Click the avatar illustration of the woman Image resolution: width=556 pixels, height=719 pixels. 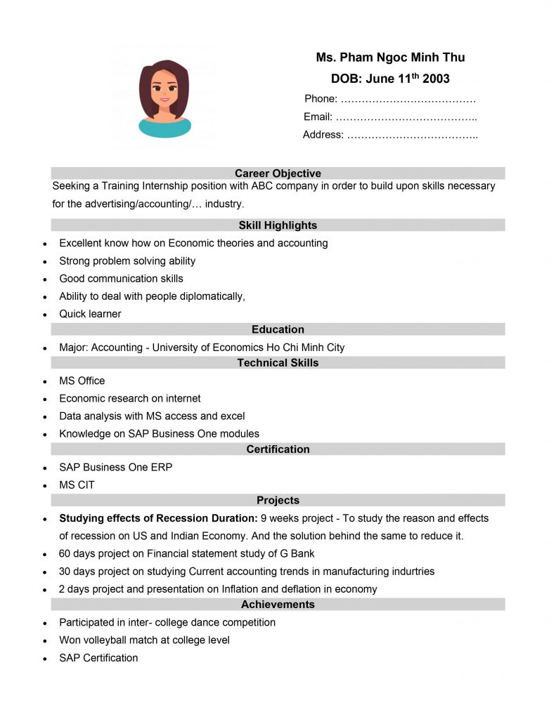pyautogui.click(x=164, y=98)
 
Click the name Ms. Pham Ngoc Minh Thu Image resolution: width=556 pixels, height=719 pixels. pyautogui.click(x=390, y=58)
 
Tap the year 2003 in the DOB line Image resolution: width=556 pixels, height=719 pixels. pyautogui.click(x=436, y=79)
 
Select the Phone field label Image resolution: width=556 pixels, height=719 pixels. pyautogui.click(x=321, y=99)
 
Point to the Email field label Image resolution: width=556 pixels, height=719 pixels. pyautogui.click(x=318, y=117)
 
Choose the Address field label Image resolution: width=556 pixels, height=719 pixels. pyautogui.click(x=323, y=135)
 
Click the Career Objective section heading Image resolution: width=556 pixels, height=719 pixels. pyautogui.click(x=278, y=173)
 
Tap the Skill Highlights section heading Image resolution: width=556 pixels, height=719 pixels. pyautogui.click(x=278, y=225)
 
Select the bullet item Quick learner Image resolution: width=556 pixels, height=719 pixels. pyautogui.click(x=90, y=314)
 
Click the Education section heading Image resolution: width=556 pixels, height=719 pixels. pyautogui.click(x=278, y=329)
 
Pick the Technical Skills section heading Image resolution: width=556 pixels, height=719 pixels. pyautogui.click(x=278, y=363)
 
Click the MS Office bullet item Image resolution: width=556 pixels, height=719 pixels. pyautogui.click(x=82, y=381)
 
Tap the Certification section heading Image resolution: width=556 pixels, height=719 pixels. pyautogui.click(x=278, y=449)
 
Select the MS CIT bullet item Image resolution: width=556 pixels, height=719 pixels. pyautogui.click(x=77, y=485)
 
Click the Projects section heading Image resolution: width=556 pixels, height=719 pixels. pyautogui.click(x=278, y=501)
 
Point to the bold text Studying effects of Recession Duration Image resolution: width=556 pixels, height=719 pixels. pyautogui.click(x=158, y=518)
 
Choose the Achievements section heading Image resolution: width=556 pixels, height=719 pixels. pyautogui.click(x=278, y=605)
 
